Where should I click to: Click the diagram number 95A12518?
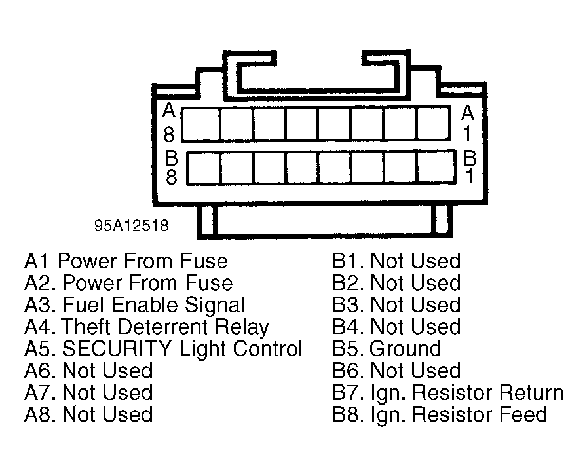132,226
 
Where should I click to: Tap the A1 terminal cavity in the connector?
434,124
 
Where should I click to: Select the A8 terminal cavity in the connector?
200,124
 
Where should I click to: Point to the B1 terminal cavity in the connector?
436,168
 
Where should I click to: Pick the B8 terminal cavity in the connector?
204,168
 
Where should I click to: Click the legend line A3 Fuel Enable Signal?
135,305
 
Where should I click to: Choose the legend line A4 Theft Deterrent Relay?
147,327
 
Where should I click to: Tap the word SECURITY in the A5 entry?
117,348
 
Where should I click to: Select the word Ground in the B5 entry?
406,349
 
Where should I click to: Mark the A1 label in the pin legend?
37,261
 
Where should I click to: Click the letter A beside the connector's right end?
468,113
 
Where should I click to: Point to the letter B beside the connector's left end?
171,158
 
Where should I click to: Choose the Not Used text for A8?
108,414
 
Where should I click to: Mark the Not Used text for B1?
415,261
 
